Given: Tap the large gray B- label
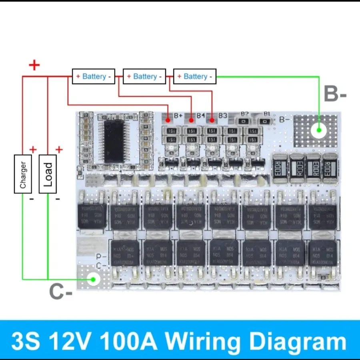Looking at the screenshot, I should tap(335, 95).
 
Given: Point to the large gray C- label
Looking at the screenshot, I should tap(61, 291).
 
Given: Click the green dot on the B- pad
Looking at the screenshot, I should tap(319, 130).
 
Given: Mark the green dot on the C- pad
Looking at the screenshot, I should tap(93, 279).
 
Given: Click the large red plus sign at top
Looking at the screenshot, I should tap(35, 65).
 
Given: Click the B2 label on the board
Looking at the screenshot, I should tap(244, 114).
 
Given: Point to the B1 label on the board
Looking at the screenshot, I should tap(267, 114).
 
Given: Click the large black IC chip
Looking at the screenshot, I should tap(114, 141).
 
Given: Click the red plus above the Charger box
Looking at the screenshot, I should tap(33, 150).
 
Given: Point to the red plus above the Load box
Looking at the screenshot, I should tap(59, 150).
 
